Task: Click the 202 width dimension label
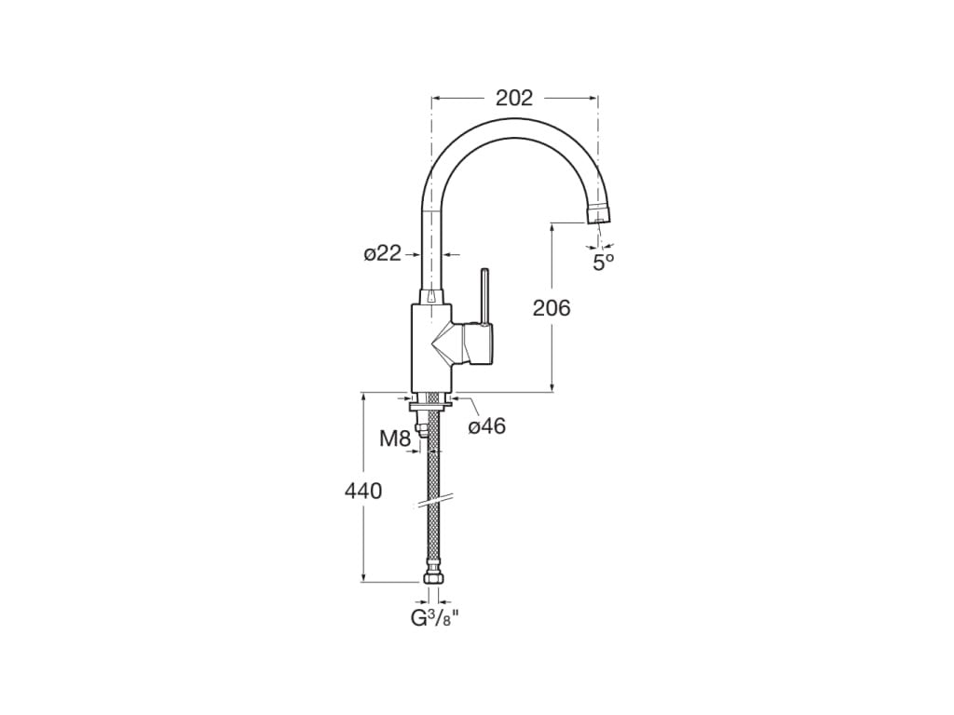coord(513,98)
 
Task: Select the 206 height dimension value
coord(552,308)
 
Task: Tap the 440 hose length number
coord(363,491)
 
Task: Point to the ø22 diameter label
coord(382,253)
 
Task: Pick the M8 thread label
coord(395,438)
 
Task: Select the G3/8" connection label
coord(435,618)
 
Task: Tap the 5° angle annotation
coord(604,262)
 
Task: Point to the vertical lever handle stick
coord(484,295)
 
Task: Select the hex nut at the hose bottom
coord(432,579)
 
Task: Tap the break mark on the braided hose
coord(433,503)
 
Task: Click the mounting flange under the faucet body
coord(431,401)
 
